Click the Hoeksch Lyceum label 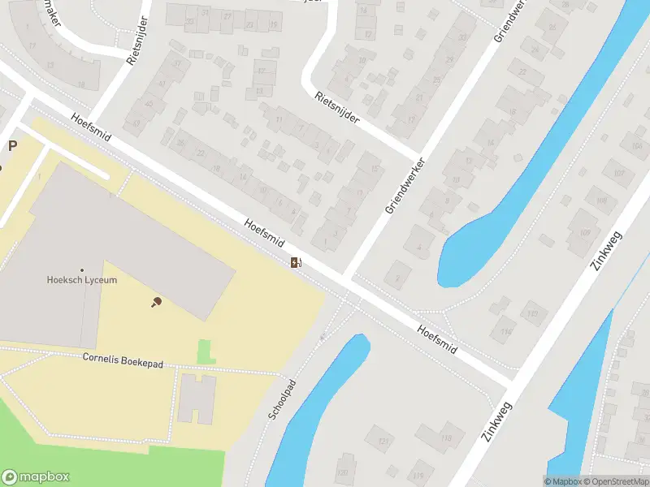coord(81,280)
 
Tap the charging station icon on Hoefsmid coord(297,261)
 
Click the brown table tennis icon coord(156,302)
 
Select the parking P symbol coord(12,146)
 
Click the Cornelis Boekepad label coord(123,361)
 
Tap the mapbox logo coord(36,477)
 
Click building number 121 coord(383,441)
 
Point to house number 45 coord(149,103)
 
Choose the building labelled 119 coord(418,475)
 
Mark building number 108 coord(602,200)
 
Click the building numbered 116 coord(506,332)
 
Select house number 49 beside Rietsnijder coord(136,123)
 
